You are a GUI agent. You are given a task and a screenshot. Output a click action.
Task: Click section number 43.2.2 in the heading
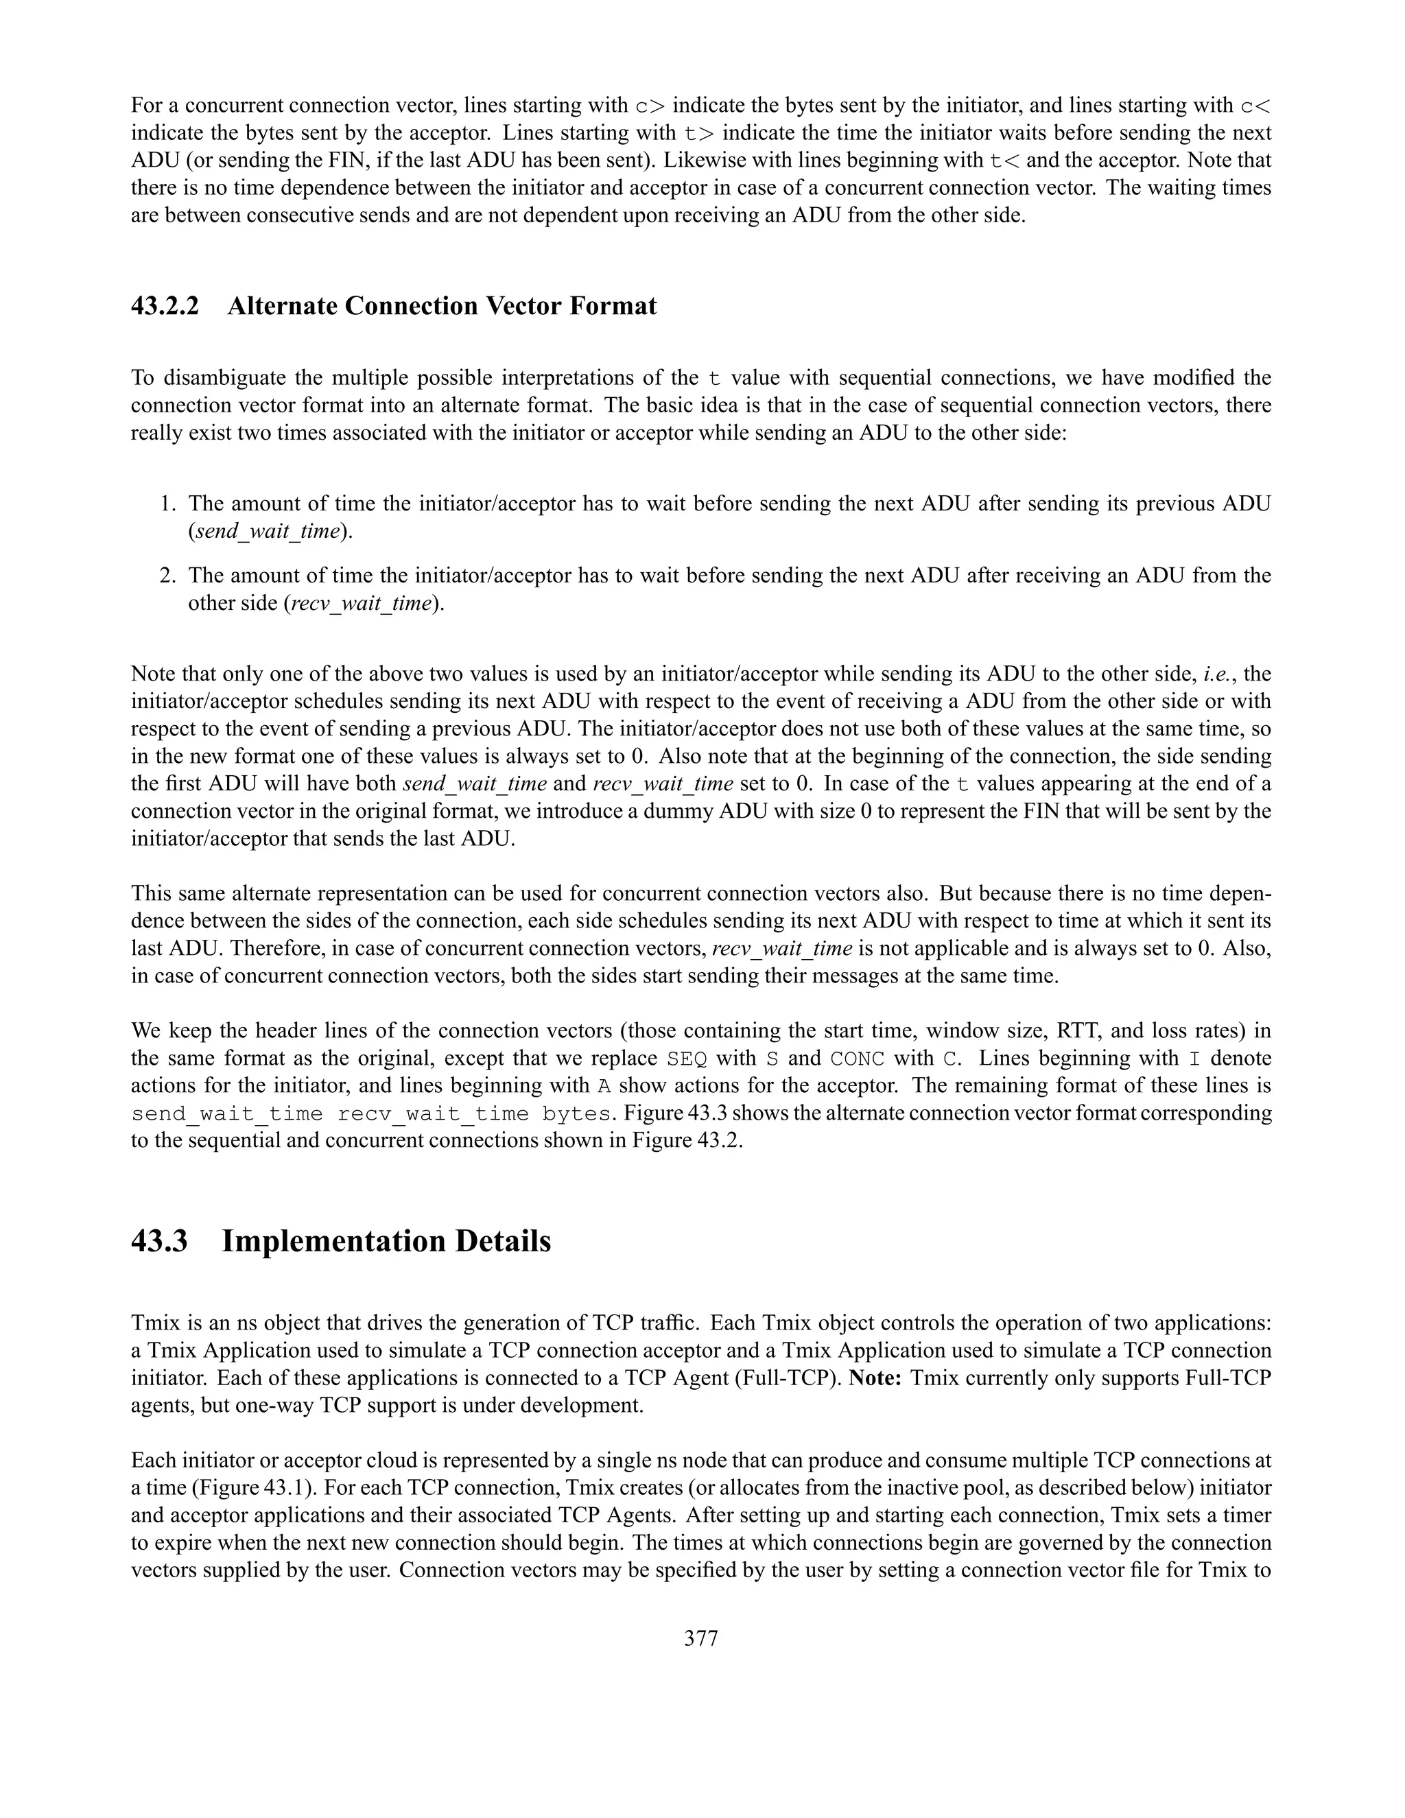click(x=165, y=307)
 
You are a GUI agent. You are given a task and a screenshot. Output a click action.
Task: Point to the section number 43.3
click(x=159, y=1241)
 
